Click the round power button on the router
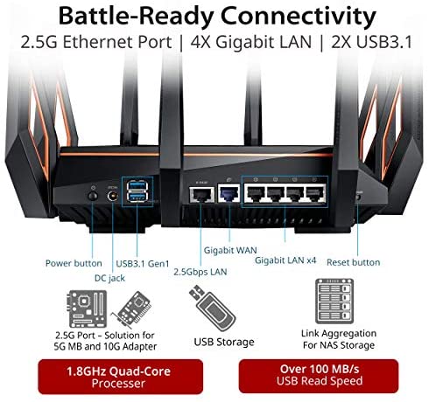coord(93,196)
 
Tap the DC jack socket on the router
coord(113,196)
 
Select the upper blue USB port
coord(137,185)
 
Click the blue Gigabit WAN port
coord(229,193)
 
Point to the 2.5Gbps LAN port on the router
coord(201,194)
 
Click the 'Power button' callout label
coord(74,263)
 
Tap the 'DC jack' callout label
coord(109,278)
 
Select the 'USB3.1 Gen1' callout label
coord(143,264)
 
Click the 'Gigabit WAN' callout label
coord(230,250)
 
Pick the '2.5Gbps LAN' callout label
coord(200,272)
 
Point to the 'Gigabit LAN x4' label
coord(285,260)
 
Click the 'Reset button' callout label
coord(354,262)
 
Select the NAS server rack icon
coord(334,301)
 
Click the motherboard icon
coord(88,308)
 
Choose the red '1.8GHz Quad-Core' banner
coord(121,377)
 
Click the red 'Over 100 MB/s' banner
coord(319,376)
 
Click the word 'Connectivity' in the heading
coord(298,16)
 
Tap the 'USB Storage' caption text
coord(224,342)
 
